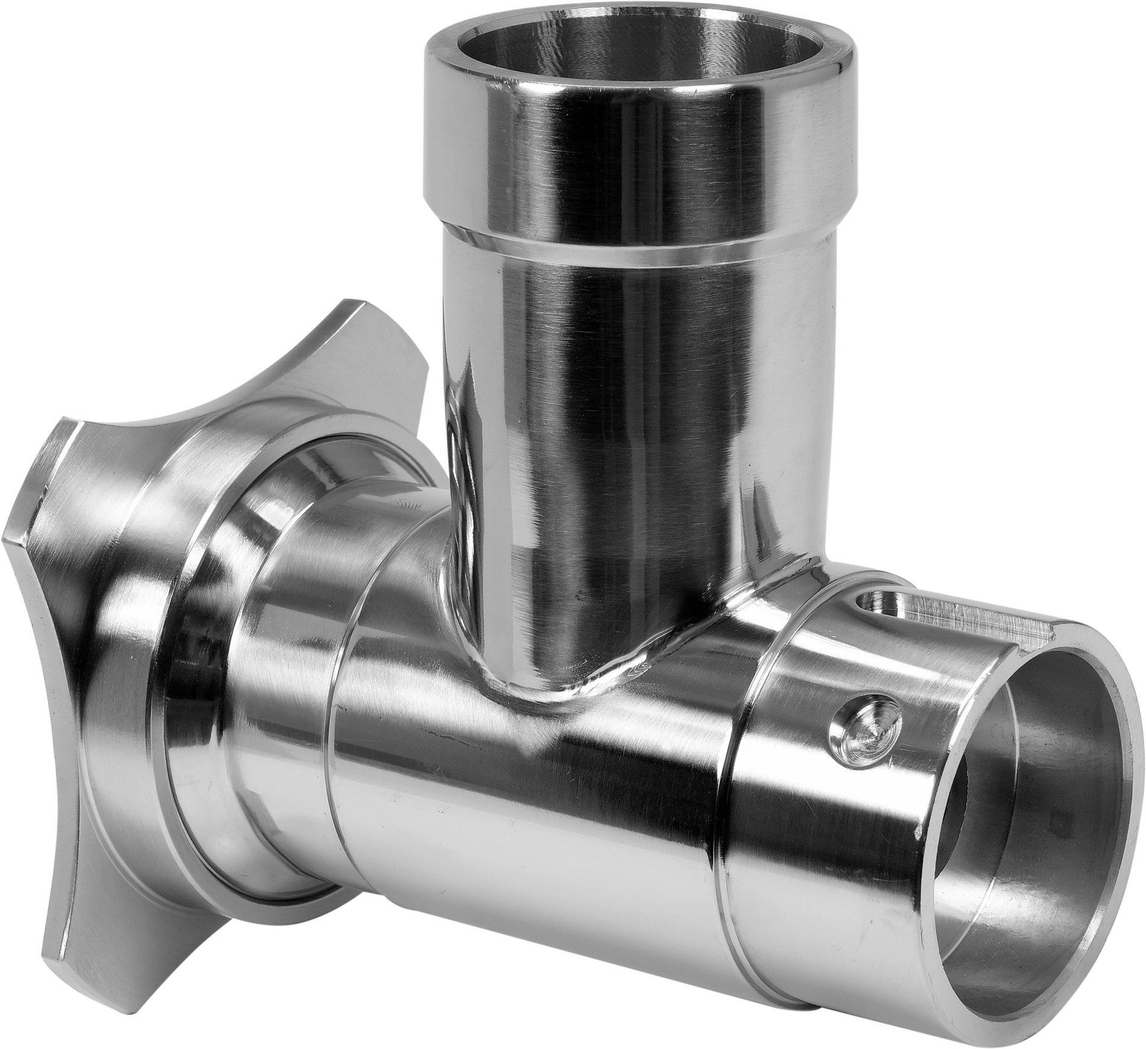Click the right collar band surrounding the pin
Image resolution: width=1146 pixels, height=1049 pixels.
[x=809, y=788]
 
